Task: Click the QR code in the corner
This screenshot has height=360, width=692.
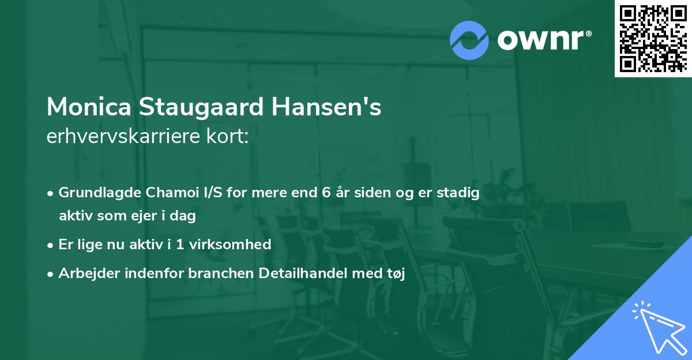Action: click(653, 39)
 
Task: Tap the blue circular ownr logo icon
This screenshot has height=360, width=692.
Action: click(469, 40)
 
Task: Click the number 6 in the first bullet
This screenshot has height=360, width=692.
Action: click(325, 193)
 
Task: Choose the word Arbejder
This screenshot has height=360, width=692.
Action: click(85, 274)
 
